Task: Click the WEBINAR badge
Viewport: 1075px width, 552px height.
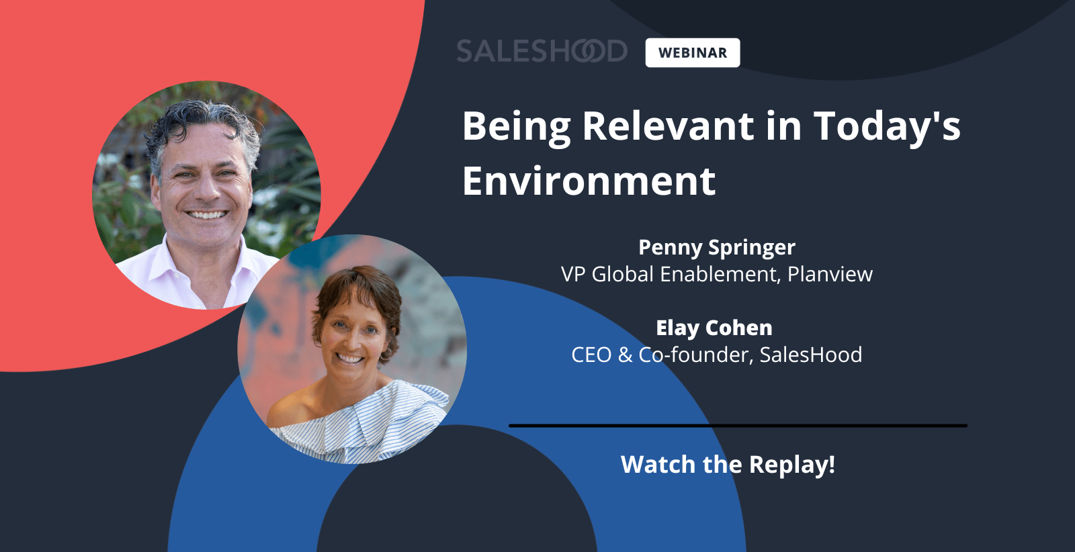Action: (x=693, y=53)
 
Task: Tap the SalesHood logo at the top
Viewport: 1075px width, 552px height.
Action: (x=542, y=51)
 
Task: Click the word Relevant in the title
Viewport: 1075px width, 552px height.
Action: (x=668, y=126)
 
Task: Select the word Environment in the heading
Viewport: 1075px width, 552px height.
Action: (x=589, y=181)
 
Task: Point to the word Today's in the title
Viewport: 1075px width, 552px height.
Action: (x=888, y=128)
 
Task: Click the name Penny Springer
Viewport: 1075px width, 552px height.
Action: (x=716, y=248)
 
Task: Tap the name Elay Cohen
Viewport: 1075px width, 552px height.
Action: (x=714, y=328)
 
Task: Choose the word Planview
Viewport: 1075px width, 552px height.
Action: (x=830, y=275)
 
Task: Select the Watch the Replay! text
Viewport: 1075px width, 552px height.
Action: (x=728, y=464)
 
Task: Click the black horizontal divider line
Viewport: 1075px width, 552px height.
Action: (x=738, y=425)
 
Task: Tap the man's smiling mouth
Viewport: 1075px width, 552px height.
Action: (x=207, y=214)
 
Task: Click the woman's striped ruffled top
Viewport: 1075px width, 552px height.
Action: (x=365, y=424)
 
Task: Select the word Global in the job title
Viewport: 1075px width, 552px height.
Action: (x=622, y=275)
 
